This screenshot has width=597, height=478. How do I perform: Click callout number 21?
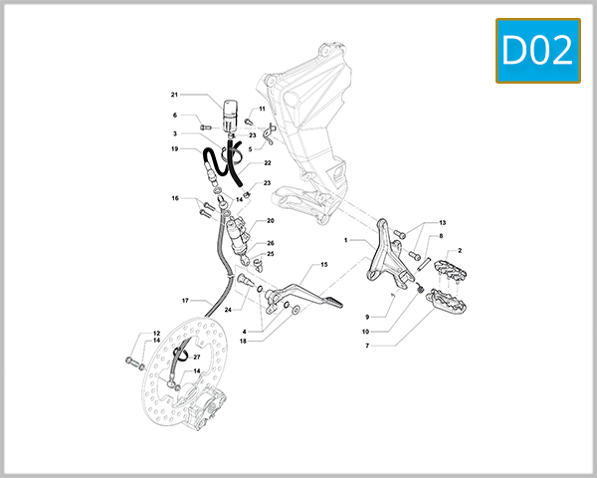173,96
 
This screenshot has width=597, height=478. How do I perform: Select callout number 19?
173,149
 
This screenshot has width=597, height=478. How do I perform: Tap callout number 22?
268,162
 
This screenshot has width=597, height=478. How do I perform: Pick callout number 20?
270,221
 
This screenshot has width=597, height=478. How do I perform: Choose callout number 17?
185,300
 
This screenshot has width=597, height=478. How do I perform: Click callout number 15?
322,265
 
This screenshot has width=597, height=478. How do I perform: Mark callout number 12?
156,334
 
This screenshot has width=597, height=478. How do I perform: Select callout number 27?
196,357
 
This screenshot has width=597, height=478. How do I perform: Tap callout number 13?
443,222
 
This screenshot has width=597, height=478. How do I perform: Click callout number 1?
345,240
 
